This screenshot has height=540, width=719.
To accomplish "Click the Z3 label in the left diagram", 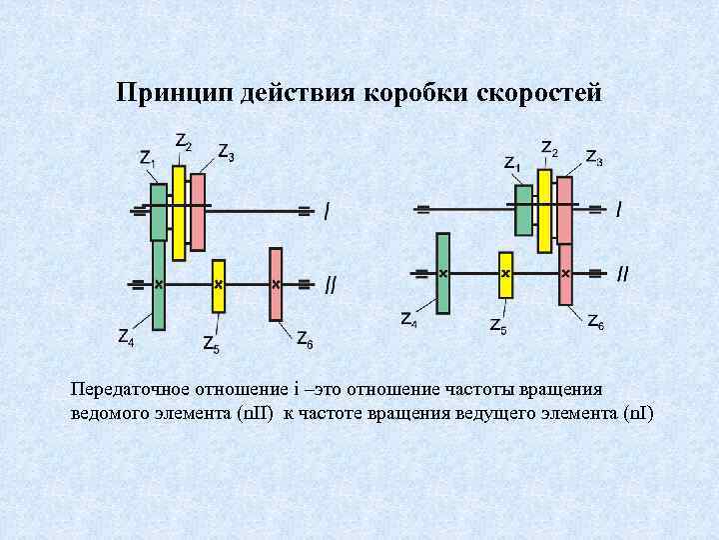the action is (227, 154).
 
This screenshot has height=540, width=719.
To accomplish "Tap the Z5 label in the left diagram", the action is (212, 345).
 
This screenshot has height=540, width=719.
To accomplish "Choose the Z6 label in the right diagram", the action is (594, 322).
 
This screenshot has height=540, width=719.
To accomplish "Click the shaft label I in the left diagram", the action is (327, 211).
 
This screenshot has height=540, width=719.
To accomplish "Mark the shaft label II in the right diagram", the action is (623, 273).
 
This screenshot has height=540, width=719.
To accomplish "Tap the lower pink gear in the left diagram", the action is (277, 285).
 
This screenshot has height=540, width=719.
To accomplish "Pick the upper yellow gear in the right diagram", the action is (544, 210).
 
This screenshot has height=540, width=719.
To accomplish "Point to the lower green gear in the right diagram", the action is (443, 273).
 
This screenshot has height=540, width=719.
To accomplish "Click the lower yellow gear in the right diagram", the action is (506, 274).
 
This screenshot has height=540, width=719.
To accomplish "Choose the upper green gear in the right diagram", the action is (523, 209).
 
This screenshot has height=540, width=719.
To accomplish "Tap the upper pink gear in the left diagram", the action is (198, 211).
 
